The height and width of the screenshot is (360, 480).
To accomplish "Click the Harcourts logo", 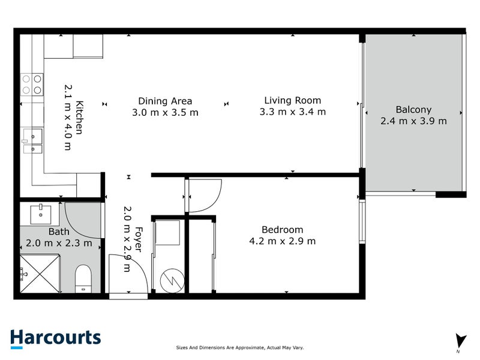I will coord(55,338).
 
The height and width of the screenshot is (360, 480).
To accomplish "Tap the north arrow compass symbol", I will coord(460,340).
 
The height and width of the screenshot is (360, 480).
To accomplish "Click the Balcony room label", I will coord(413,109).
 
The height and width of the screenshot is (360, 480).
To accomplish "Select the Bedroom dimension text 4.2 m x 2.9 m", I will coord(282,241).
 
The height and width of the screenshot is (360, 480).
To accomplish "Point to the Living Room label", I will coord(293,100).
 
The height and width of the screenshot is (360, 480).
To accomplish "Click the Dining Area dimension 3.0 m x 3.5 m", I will coord(165,112).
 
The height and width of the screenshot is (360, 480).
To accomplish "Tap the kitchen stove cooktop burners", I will coord(32,84).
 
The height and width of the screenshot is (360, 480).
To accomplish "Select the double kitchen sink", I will coord(32,141).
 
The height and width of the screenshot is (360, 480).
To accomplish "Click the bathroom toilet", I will coord(83,280).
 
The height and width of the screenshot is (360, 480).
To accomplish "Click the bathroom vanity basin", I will coord(41,212).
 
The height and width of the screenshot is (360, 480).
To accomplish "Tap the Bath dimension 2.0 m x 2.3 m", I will coord(59,243).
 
